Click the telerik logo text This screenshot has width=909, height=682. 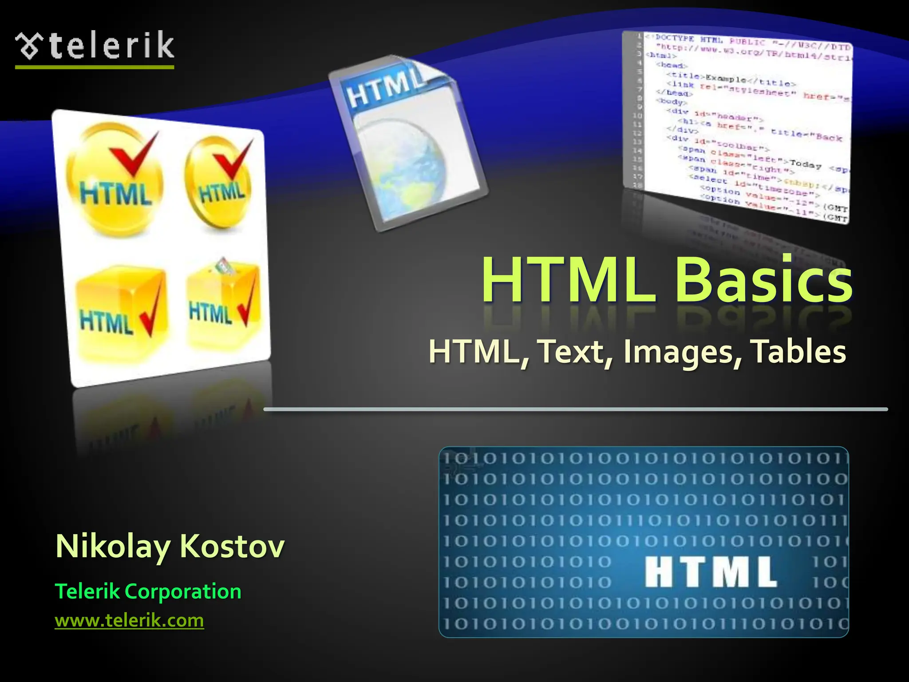pyautogui.click(x=111, y=46)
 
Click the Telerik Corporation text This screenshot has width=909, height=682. pyautogui.click(x=148, y=591)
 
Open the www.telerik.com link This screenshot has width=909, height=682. pyautogui.click(x=129, y=620)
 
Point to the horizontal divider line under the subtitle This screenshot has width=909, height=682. pyautogui.click(x=575, y=409)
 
